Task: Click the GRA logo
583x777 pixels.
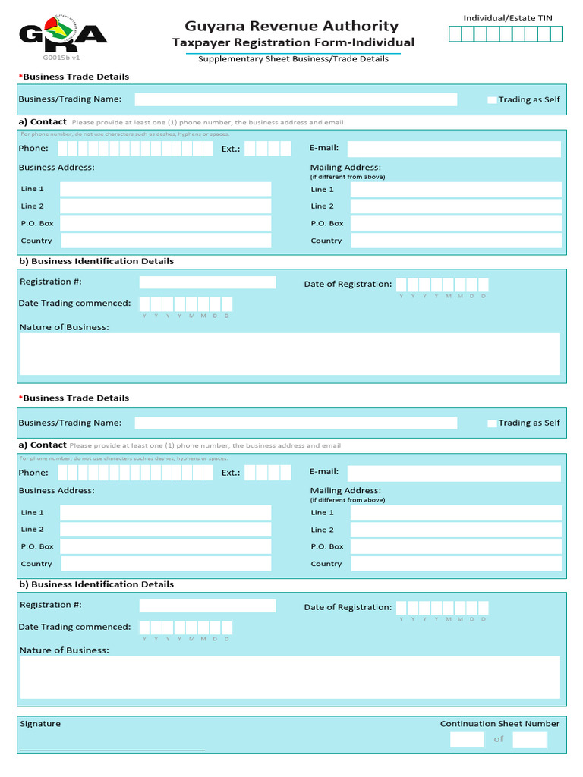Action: pos(62,34)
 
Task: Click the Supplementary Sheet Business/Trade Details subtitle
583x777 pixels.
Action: pos(293,59)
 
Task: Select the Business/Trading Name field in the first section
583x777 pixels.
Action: pos(296,99)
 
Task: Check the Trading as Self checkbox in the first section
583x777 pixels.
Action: pos(492,100)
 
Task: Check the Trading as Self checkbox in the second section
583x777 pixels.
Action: pos(492,423)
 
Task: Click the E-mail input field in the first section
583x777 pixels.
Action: pos(454,149)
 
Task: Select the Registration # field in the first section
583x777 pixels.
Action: pos(207,282)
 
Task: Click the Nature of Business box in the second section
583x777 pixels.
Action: pos(290,677)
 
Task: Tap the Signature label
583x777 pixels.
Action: pos(40,724)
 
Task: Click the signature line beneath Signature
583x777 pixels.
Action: pos(112,750)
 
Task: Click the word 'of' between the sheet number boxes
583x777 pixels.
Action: pos(499,739)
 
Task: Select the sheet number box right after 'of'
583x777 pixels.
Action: pos(529,740)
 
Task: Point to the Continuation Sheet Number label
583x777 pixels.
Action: pos(499,724)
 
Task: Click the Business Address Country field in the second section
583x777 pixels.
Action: pos(165,564)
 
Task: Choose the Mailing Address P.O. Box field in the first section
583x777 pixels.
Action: pos(455,224)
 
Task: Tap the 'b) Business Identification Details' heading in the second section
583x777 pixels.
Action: pos(96,584)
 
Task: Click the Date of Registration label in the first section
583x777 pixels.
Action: pos(348,285)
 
